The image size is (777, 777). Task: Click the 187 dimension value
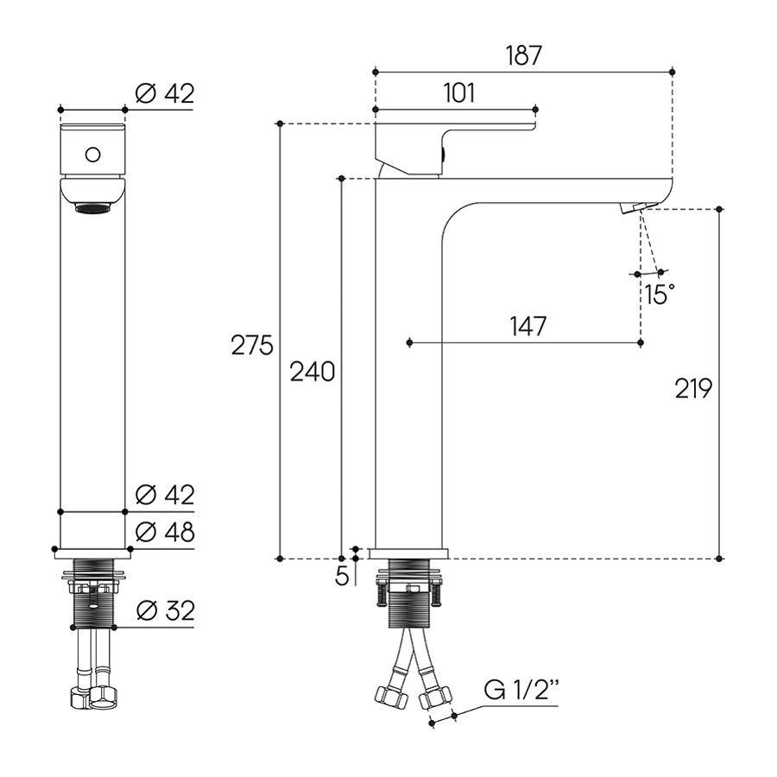(524, 55)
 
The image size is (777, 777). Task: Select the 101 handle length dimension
(459, 92)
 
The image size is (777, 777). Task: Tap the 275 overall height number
(252, 344)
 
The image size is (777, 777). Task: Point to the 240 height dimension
(313, 371)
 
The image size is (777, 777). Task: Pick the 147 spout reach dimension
(528, 325)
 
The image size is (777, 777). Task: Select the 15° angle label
(660, 294)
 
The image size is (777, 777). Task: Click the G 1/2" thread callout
(521, 689)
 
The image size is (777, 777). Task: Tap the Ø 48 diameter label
(165, 532)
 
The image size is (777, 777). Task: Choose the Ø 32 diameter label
(165, 610)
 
